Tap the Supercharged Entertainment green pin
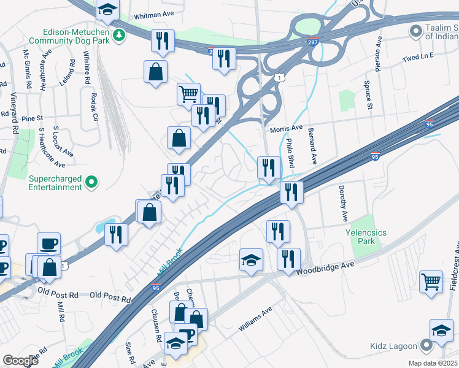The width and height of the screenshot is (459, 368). point(91,182)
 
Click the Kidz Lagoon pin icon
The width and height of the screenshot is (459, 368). point(426,346)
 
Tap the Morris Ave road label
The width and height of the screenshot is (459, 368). point(287,128)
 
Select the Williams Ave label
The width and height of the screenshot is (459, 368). point(255,320)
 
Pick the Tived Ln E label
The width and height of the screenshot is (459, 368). point(418,56)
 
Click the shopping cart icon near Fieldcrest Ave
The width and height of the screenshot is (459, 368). point(431,282)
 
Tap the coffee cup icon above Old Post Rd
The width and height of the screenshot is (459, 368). point(48,243)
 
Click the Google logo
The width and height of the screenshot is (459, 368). point(20,361)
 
